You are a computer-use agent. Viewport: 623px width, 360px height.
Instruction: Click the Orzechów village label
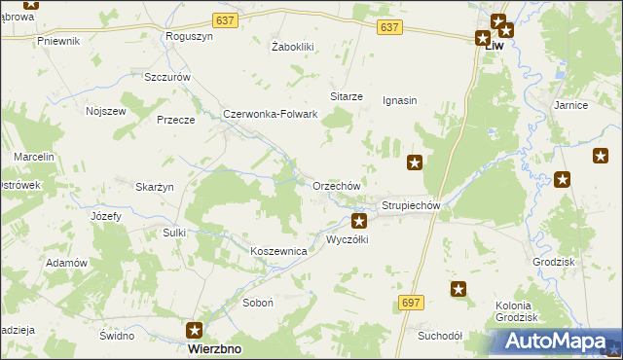point(337,186)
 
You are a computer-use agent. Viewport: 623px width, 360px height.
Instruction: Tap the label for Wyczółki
point(347,239)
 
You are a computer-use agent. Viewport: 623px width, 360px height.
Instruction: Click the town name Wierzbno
point(215,348)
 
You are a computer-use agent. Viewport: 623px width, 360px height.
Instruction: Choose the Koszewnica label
point(279,251)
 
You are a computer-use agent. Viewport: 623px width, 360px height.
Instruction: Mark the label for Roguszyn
point(190,36)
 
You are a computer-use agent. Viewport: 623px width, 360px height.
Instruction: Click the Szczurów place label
point(165,77)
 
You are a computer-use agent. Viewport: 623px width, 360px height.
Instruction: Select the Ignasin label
point(400,99)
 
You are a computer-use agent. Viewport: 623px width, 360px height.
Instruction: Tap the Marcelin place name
point(34,157)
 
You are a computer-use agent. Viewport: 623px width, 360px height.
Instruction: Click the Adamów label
point(67,263)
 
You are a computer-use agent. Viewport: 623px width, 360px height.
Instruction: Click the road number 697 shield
point(411,303)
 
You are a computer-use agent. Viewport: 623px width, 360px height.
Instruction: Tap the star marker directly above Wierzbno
point(196,330)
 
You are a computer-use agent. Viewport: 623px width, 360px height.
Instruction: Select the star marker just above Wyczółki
point(359,222)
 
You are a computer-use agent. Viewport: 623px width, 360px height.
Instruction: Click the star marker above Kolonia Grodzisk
point(459,288)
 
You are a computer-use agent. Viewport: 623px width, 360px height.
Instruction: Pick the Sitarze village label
point(347,96)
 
